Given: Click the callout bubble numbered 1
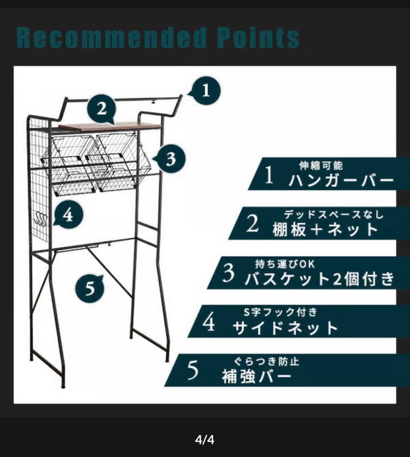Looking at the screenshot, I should coord(205,91).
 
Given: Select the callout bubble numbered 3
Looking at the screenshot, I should coord(170,159).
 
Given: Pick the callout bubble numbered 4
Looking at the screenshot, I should coord(68,216).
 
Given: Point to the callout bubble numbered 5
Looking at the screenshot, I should coord(90,289).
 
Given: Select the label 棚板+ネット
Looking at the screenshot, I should coord(325,229).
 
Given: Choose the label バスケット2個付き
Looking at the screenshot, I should coord(319,279).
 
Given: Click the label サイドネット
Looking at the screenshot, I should coord(286,328).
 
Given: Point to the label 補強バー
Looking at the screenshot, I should coord(257,377).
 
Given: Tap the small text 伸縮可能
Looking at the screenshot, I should coord(321,165).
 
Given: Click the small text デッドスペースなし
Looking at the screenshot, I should coord(333,215).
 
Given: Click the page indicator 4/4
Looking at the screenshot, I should coord(205,440).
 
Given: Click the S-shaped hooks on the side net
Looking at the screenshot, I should coord(41,219).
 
